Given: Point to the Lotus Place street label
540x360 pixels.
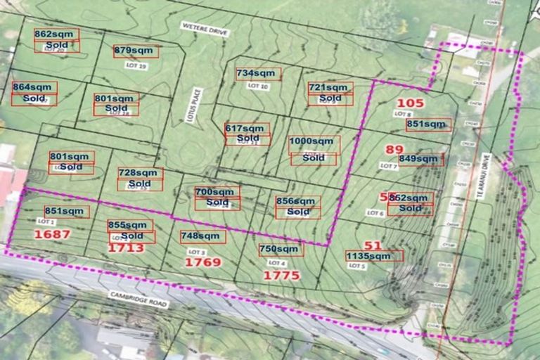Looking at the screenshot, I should point(197,105).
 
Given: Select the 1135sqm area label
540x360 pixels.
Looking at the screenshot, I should point(368,256).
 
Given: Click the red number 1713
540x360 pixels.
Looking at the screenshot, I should point(127,248).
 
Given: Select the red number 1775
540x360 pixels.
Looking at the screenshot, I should point(281,276).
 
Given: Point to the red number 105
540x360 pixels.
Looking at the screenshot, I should point(411,103).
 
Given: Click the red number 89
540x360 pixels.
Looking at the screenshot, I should point(394,149).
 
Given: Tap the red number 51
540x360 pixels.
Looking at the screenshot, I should point(373,245).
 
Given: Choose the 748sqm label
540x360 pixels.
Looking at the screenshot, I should point(200,236).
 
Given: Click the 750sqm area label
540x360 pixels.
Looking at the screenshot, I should point(279,249).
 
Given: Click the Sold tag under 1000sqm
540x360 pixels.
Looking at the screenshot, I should point(314,159).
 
